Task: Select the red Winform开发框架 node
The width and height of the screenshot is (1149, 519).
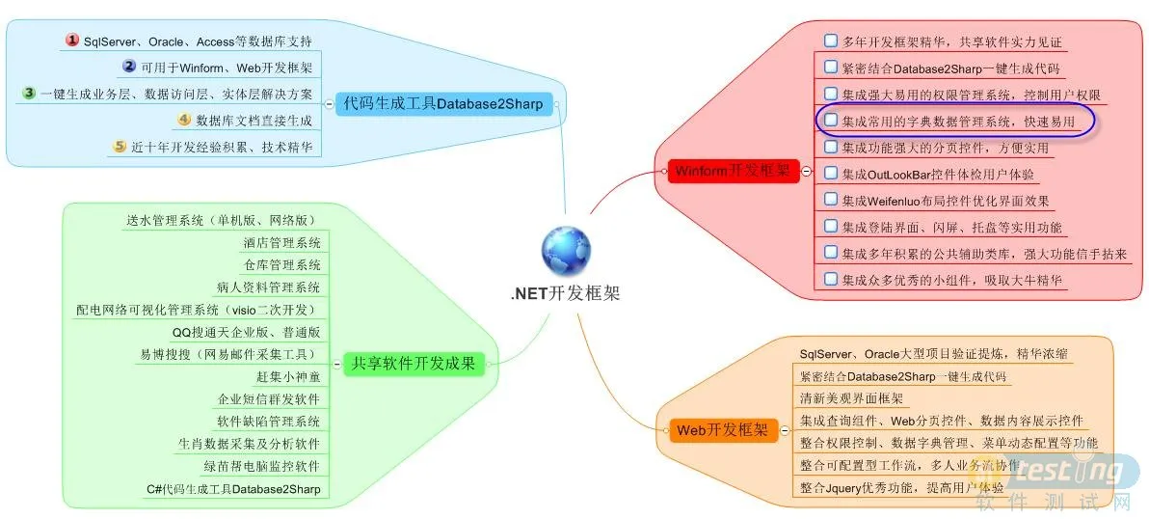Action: click(x=732, y=171)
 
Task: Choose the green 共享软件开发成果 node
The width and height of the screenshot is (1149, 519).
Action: click(x=414, y=364)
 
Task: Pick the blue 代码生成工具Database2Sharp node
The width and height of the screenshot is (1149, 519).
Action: click(x=443, y=103)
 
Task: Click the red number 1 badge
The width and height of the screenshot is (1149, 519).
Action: click(x=71, y=41)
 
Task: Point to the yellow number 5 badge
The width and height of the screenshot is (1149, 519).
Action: click(x=120, y=147)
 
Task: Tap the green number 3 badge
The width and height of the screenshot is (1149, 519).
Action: click(x=29, y=94)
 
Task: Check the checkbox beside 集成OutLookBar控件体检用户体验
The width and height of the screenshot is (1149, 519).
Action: click(x=830, y=174)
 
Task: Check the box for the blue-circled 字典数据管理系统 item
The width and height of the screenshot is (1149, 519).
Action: click(x=830, y=121)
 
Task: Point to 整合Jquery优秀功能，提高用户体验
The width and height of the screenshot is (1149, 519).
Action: click(x=901, y=487)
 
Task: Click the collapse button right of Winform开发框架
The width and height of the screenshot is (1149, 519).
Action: click(x=806, y=171)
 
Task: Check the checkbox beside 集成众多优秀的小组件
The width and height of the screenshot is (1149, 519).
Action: click(x=830, y=279)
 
